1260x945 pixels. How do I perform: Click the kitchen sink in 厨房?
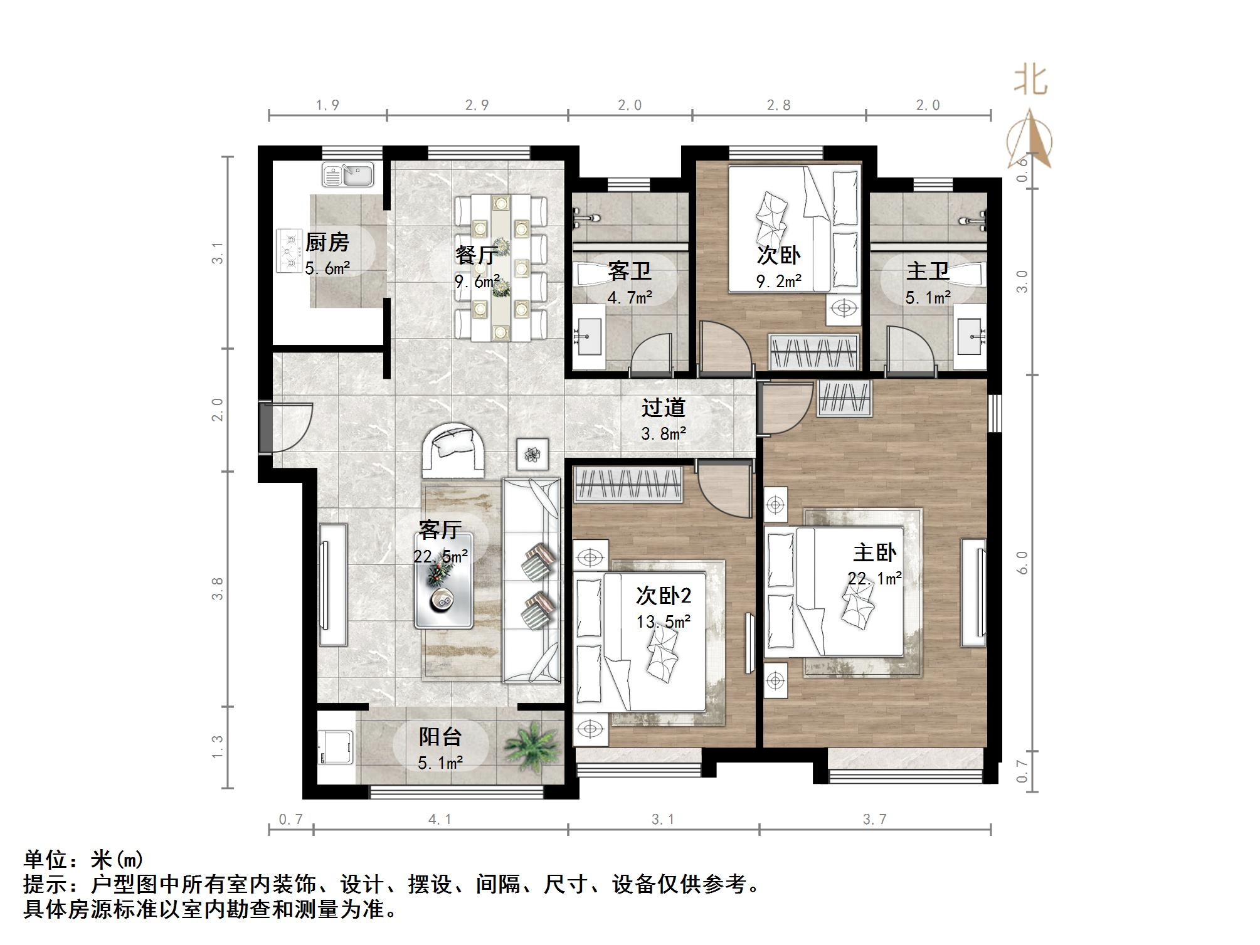[347, 174]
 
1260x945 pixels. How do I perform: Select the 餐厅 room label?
[477, 255]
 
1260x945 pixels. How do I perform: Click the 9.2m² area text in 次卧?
[778, 282]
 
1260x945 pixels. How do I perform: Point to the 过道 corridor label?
[663, 408]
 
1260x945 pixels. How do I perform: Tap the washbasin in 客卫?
[589, 337]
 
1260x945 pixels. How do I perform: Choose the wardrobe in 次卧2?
[628, 484]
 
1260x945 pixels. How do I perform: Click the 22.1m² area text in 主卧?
[875, 578]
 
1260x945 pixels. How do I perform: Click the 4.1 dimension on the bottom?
[440, 820]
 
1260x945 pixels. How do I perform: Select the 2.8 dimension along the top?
[778, 105]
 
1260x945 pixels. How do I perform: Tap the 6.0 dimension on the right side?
[1022, 562]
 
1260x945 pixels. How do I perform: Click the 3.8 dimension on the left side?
[218, 589]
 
